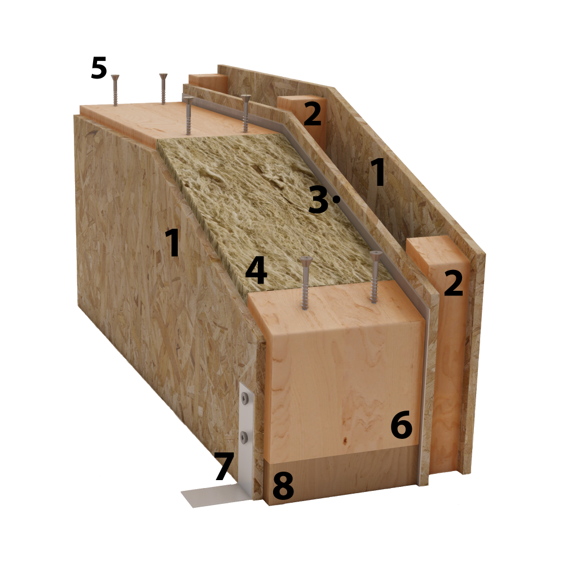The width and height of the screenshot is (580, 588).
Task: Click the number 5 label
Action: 99,68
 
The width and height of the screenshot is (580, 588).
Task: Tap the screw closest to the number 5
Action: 115,90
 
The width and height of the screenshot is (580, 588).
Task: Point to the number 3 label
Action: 318,201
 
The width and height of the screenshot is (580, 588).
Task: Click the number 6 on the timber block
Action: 401,425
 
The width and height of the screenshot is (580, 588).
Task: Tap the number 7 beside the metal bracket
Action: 225,466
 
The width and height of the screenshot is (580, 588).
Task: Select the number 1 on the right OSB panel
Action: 378,172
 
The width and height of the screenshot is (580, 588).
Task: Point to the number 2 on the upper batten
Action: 312,113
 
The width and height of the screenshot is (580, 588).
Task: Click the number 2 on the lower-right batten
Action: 454,283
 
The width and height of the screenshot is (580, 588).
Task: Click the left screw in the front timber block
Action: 306,283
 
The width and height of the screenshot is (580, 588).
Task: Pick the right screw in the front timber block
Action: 375,276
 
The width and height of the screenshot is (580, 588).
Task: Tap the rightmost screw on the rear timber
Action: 245,113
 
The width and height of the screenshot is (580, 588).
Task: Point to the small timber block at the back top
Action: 208,83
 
